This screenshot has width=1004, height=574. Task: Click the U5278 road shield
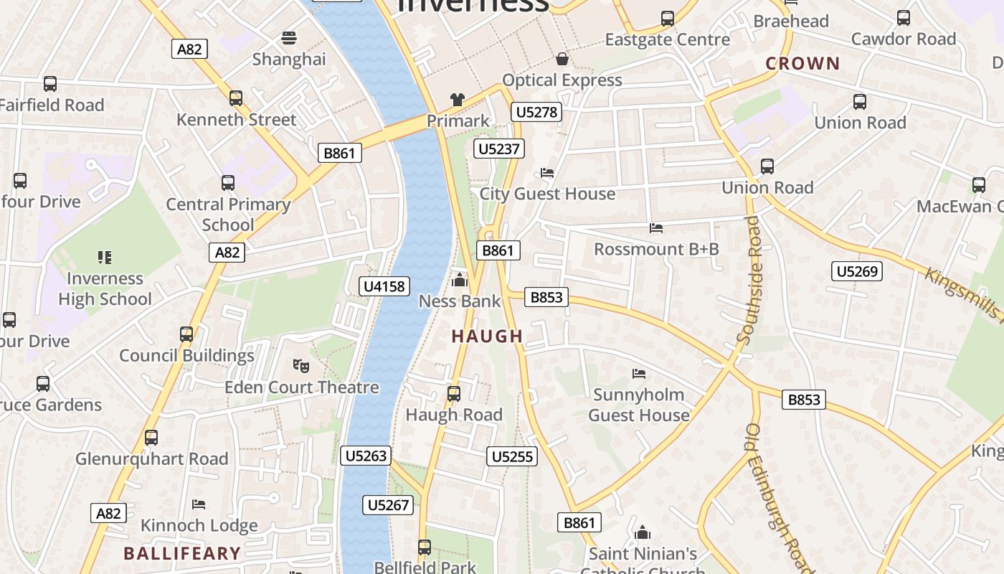click(536, 112)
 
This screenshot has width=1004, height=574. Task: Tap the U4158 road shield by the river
click(384, 286)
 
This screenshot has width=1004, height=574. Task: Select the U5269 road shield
click(857, 271)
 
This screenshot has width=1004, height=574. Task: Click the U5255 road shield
click(512, 456)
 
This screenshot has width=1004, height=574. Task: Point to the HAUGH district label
click(488, 336)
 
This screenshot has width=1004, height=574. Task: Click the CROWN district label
click(802, 64)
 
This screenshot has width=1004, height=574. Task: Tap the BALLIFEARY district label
click(182, 553)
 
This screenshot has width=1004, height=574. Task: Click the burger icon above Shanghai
click(289, 37)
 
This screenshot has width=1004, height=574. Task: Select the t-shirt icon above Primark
click(458, 100)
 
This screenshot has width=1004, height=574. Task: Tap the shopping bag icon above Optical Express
click(562, 58)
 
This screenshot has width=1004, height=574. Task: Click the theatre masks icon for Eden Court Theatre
click(301, 366)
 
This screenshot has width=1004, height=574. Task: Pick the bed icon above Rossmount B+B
click(655, 228)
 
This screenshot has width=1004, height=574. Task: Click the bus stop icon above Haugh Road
click(453, 393)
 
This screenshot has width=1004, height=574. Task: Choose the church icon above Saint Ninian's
click(643, 532)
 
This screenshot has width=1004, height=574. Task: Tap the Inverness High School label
click(105, 288)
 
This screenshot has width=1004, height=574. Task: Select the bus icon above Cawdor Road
click(904, 18)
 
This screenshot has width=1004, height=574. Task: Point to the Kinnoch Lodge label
click(199, 525)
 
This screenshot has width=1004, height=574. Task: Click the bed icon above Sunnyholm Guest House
click(638, 373)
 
